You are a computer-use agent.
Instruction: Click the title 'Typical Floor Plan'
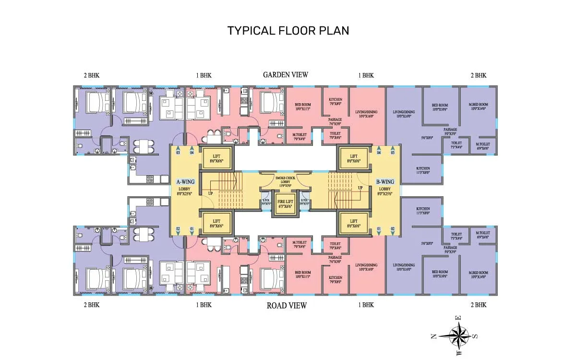click(x=288, y=30)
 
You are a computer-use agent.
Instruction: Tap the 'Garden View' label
click(x=285, y=74)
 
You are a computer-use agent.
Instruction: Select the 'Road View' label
click(x=287, y=305)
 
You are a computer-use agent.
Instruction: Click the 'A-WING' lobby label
click(x=185, y=182)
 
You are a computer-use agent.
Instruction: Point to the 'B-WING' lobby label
click(x=385, y=182)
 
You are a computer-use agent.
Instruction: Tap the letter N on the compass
click(x=434, y=336)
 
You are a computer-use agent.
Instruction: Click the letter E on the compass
click(x=458, y=318)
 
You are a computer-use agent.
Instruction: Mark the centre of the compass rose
click(x=460, y=335)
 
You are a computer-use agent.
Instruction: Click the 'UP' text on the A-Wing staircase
click(x=210, y=193)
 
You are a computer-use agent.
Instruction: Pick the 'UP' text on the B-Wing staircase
click(x=360, y=187)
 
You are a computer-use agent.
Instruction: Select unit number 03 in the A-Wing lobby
click(x=178, y=153)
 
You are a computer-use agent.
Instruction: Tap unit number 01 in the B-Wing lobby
click(x=379, y=228)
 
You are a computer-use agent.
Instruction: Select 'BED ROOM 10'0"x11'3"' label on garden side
click(x=302, y=107)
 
